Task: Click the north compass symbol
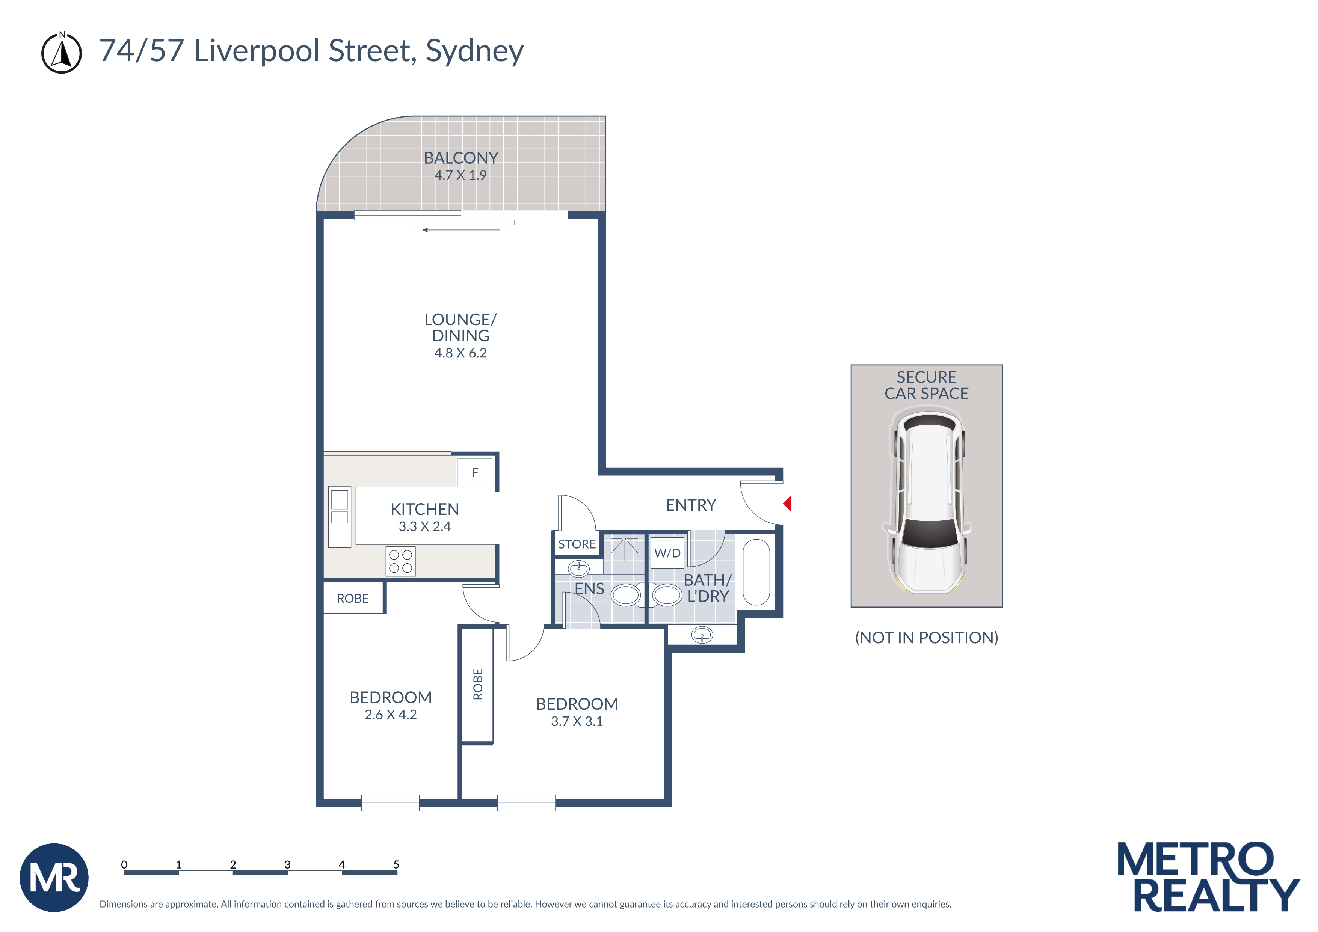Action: pos(62,53)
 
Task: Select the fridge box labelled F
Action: pos(475,472)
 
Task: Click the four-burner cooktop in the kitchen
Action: pos(400,561)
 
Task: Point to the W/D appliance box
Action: pos(667,553)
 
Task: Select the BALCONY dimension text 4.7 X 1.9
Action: pos(460,176)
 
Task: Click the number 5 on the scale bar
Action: pos(396,864)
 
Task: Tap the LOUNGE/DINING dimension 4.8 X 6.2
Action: pos(460,353)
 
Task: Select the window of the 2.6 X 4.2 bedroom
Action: pos(390,802)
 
